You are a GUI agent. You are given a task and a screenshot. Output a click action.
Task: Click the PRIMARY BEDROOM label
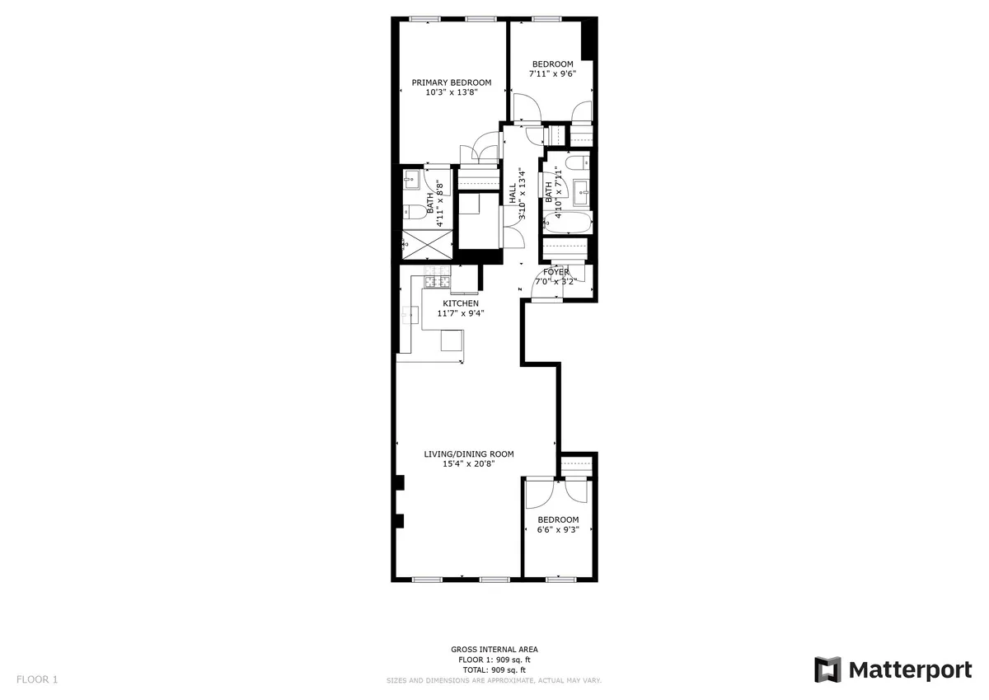point(452,82)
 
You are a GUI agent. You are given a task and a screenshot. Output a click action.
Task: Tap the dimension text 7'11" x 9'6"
point(552,74)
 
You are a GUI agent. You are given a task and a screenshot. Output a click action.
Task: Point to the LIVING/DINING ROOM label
point(469,453)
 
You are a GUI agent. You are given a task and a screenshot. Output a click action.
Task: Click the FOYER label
point(556,271)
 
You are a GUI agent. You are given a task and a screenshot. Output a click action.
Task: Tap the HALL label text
point(513,194)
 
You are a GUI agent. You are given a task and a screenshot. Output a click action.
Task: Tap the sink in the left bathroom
point(412,181)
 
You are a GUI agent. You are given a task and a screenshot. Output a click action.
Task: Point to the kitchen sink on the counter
point(410,312)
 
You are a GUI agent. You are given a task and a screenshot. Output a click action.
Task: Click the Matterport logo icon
point(827,669)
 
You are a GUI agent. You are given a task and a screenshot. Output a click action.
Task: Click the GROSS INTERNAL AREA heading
point(494,650)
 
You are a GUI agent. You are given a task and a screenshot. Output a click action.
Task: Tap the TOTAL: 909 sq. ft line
point(494,669)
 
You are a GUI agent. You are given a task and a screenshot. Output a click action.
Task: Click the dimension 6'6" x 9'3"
point(558,530)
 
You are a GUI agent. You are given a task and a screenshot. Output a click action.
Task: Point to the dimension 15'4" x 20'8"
point(468,463)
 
